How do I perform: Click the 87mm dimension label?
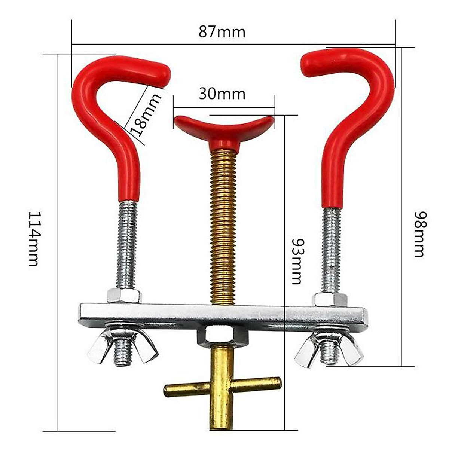click(x=222, y=32)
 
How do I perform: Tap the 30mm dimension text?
click(x=222, y=94)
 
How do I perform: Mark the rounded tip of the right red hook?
click(x=309, y=65)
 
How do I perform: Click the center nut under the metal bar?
click(x=223, y=335)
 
